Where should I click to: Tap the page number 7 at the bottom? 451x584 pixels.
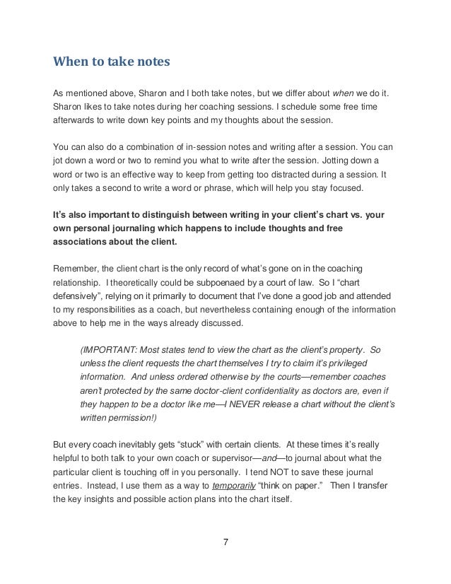coord(225,543)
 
